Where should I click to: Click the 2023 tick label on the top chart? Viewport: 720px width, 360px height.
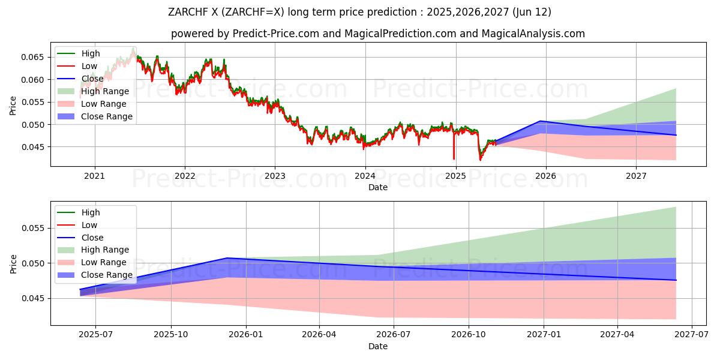(x=275, y=176)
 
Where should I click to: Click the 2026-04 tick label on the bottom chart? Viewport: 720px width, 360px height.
(x=319, y=335)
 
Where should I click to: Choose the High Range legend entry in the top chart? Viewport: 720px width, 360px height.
(x=105, y=91)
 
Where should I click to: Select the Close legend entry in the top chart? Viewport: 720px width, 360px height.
(x=92, y=79)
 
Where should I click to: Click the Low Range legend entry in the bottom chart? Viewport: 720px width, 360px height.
(x=104, y=262)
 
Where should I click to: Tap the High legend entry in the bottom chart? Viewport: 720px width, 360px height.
(x=91, y=212)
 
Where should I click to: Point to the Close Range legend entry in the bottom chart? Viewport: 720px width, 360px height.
(x=107, y=275)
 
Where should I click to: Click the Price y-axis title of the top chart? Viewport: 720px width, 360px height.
(x=13, y=106)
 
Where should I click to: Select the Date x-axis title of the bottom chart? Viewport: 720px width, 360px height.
(x=378, y=346)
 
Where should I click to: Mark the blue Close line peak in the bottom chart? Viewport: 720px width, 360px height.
(x=227, y=258)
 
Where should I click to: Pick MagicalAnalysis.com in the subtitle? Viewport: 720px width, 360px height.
(x=534, y=34)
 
